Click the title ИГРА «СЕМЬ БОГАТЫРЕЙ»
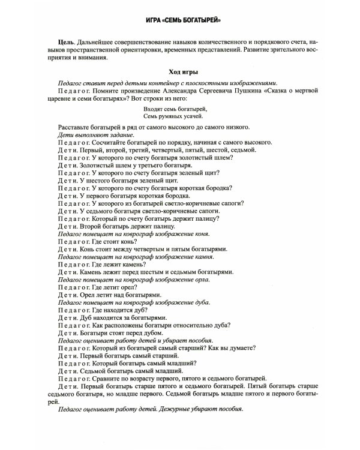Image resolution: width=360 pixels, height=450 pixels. point(179,20)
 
